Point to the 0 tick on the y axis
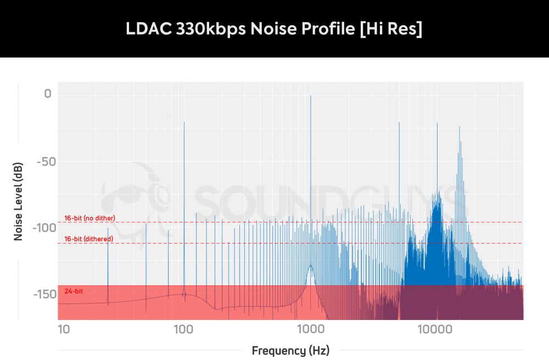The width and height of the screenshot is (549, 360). coord(48,94)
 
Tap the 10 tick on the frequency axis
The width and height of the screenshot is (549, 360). coord(64,329)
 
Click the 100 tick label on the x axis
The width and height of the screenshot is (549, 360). coord(183,329)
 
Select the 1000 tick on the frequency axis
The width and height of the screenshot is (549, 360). coord(311,329)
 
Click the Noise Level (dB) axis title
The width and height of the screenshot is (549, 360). coord(18,205)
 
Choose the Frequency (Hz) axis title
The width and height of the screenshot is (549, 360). coord(290,350)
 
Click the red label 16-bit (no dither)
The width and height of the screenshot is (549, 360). coord(89,218)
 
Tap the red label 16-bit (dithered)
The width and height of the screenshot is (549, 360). coord(88,239)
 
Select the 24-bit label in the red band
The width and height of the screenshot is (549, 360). coord(74,291)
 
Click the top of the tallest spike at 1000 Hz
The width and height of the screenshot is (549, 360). coord(311,95)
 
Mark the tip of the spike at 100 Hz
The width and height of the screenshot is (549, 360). coord(184,122)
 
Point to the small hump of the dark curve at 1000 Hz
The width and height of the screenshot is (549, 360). coord(311,266)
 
